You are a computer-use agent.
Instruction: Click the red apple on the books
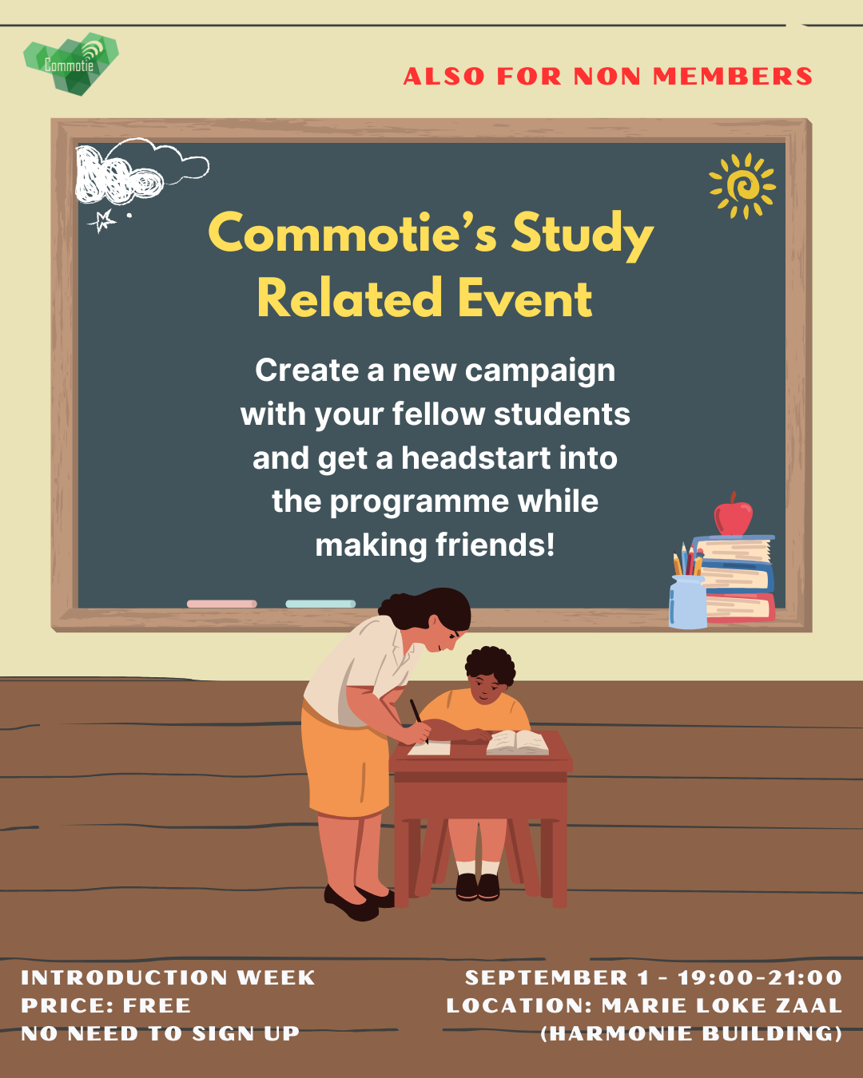tap(733, 517)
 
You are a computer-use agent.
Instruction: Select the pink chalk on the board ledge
tap(221, 604)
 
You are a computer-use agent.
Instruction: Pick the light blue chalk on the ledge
tap(320, 604)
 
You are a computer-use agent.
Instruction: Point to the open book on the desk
tap(517, 743)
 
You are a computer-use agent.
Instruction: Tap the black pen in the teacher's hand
tap(418, 718)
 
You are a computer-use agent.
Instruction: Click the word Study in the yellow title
tap(582, 234)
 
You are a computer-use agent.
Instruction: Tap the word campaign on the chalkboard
tap(540, 371)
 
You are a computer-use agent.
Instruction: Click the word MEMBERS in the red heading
tap(733, 77)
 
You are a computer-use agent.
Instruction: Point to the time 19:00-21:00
tap(759, 977)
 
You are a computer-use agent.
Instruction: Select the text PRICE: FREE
tap(105, 1005)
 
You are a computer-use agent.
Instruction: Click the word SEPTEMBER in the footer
tap(547, 977)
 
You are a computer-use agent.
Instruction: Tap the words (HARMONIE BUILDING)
tap(691, 1033)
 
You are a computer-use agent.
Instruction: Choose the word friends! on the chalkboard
tap(495, 545)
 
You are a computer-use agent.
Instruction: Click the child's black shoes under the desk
tap(477, 886)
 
